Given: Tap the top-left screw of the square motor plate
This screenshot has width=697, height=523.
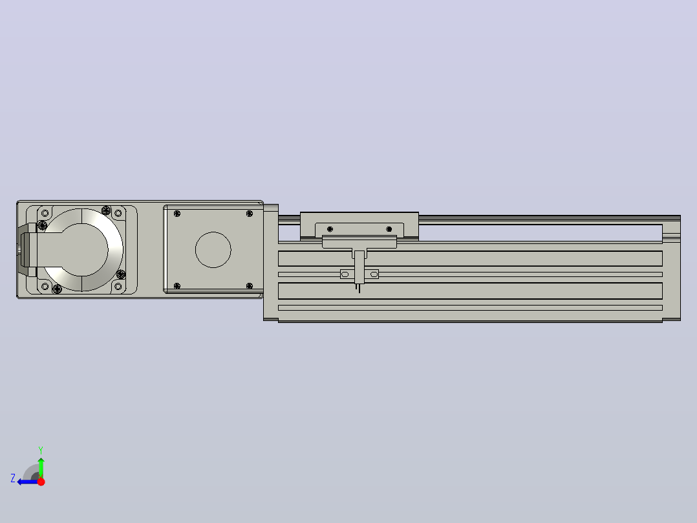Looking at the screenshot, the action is click(177, 214).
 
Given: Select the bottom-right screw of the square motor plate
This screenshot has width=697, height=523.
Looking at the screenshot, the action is click(250, 285).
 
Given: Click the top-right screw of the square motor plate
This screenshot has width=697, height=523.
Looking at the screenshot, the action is click(250, 214).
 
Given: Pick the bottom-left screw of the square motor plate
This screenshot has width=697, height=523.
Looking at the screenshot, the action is click(177, 285).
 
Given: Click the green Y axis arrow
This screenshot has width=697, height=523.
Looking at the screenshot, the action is click(41, 467).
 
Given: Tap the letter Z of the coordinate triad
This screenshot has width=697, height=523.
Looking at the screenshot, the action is click(13, 478).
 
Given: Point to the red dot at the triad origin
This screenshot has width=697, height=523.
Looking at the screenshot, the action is click(41, 482).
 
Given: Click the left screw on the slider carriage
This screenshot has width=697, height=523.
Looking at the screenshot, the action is click(330, 229).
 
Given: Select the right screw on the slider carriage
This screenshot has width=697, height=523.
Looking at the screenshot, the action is click(389, 229).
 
